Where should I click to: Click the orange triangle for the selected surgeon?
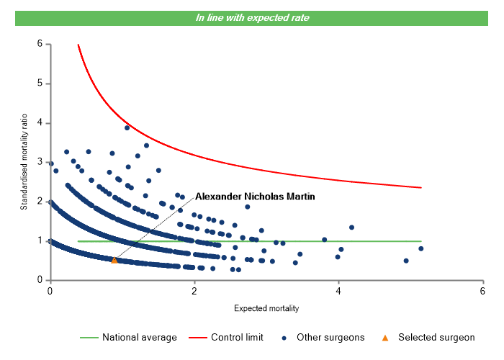click(114, 260)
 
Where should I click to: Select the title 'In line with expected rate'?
click(252, 17)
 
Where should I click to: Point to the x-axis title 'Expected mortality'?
click(266, 308)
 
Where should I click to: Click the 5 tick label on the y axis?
click(40, 84)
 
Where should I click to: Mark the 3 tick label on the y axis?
click(40, 162)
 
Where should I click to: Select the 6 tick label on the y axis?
click(40, 44)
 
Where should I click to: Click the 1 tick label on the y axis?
click(40, 240)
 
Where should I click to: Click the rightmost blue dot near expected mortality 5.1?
click(420, 248)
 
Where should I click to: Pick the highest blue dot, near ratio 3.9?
click(127, 127)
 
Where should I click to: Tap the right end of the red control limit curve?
click(420, 187)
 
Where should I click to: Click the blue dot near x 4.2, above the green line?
click(351, 228)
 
